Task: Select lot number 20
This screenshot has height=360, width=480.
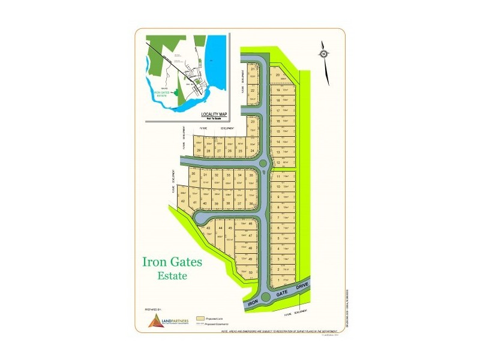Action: (x=278, y=75)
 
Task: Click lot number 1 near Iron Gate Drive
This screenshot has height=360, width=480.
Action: (x=278, y=280)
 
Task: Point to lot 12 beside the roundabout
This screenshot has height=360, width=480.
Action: (x=278, y=162)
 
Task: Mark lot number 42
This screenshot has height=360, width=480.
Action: (x=183, y=200)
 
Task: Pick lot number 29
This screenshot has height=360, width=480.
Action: (x=197, y=151)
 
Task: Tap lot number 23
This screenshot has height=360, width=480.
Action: (x=253, y=122)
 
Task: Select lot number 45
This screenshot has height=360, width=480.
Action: (x=230, y=229)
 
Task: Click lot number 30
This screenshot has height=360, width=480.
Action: (x=193, y=174)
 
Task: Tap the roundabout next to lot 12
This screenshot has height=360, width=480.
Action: (x=264, y=163)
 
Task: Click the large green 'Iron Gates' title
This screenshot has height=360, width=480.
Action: (x=172, y=262)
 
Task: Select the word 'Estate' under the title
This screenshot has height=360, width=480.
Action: (x=172, y=276)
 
